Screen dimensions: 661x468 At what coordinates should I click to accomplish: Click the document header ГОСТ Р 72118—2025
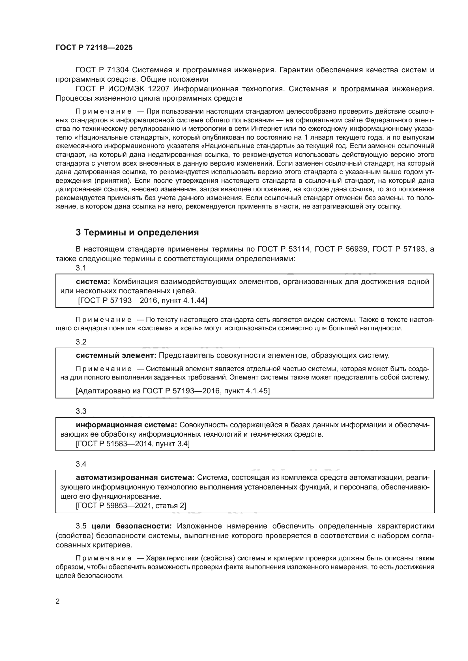tap(94, 48)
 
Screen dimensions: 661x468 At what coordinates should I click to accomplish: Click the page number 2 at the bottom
tap(58, 601)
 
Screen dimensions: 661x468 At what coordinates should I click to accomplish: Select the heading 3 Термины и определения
tap(137, 232)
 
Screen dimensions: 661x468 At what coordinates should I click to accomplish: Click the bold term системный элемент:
tap(116, 355)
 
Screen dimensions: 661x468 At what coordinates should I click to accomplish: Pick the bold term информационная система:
tap(126, 425)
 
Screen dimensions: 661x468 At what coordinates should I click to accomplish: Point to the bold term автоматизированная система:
tap(135, 478)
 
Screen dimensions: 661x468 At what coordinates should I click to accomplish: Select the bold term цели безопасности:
tap(132, 526)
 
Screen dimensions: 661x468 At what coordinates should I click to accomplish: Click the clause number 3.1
tap(81, 268)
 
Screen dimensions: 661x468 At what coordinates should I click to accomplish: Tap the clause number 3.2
tap(81, 342)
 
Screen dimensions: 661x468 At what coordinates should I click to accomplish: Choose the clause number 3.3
tap(81, 411)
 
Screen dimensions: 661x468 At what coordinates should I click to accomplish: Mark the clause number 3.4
tap(81, 464)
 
